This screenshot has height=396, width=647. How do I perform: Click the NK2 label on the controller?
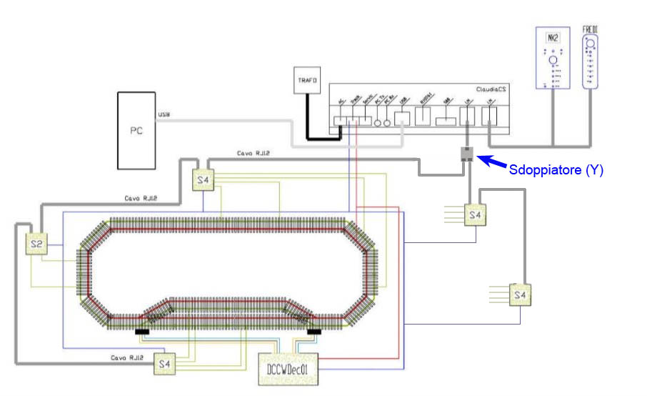(x=552, y=37)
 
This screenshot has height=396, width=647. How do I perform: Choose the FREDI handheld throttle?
(x=591, y=60)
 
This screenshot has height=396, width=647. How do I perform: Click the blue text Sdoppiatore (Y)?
(x=556, y=170)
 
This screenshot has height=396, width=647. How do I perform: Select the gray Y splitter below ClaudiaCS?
(x=468, y=154)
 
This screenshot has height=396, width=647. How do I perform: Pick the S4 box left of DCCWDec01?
(x=165, y=365)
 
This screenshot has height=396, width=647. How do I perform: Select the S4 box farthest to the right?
(x=520, y=294)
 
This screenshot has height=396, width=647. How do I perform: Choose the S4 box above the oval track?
(x=204, y=181)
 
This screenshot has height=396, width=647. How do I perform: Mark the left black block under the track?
(x=141, y=331)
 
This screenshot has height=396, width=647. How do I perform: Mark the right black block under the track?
(x=313, y=331)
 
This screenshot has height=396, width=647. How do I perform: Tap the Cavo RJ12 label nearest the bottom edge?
(x=129, y=357)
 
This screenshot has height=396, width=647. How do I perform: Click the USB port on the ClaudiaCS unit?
(x=402, y=119)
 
